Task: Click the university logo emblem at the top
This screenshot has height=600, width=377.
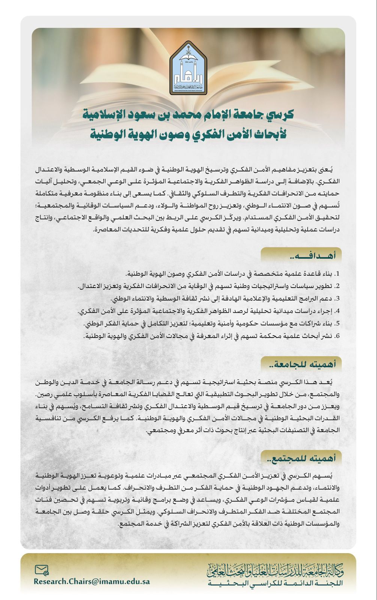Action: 188,68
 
